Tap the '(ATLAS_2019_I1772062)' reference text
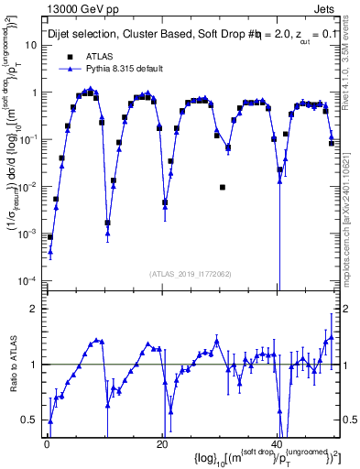(x=191, y=273)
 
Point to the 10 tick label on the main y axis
(x=30, y=45)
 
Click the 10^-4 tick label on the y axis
(x=27, y=280)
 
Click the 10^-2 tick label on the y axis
(x=27, y=186)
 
